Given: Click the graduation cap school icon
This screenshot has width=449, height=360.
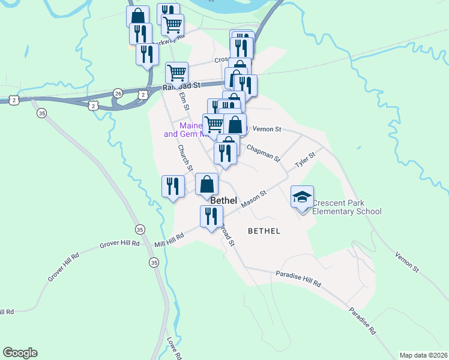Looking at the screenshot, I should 302,197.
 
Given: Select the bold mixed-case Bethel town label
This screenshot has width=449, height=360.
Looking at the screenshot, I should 223,200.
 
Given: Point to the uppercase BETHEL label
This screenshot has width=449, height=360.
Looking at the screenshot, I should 264,230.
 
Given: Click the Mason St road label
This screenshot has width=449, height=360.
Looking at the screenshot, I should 253,200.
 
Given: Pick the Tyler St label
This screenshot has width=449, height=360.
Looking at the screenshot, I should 304,160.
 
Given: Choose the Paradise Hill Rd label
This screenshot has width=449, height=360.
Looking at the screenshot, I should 298,278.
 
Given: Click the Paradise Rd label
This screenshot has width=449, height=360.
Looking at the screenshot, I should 363,322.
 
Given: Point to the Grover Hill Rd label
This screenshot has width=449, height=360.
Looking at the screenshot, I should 119,244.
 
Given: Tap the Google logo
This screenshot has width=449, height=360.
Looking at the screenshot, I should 20,353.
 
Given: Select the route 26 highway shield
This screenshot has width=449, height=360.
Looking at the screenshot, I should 118,93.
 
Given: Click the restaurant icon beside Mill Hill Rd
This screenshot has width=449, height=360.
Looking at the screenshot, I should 211,216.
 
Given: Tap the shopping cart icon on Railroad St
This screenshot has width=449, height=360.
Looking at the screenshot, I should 176,73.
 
